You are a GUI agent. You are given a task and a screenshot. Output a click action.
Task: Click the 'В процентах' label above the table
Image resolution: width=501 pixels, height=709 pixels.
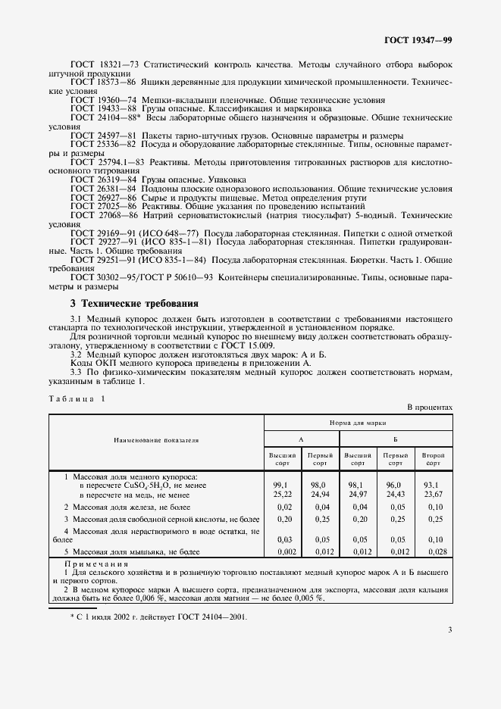coord(431,408)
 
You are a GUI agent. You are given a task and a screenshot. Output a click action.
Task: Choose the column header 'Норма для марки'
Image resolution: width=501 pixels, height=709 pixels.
coord(358,423)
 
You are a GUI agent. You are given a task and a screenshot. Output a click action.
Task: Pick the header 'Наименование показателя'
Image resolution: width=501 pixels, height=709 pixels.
coord(156,439)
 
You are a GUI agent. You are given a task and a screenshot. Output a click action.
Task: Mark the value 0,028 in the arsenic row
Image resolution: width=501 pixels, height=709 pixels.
coord(434,553)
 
